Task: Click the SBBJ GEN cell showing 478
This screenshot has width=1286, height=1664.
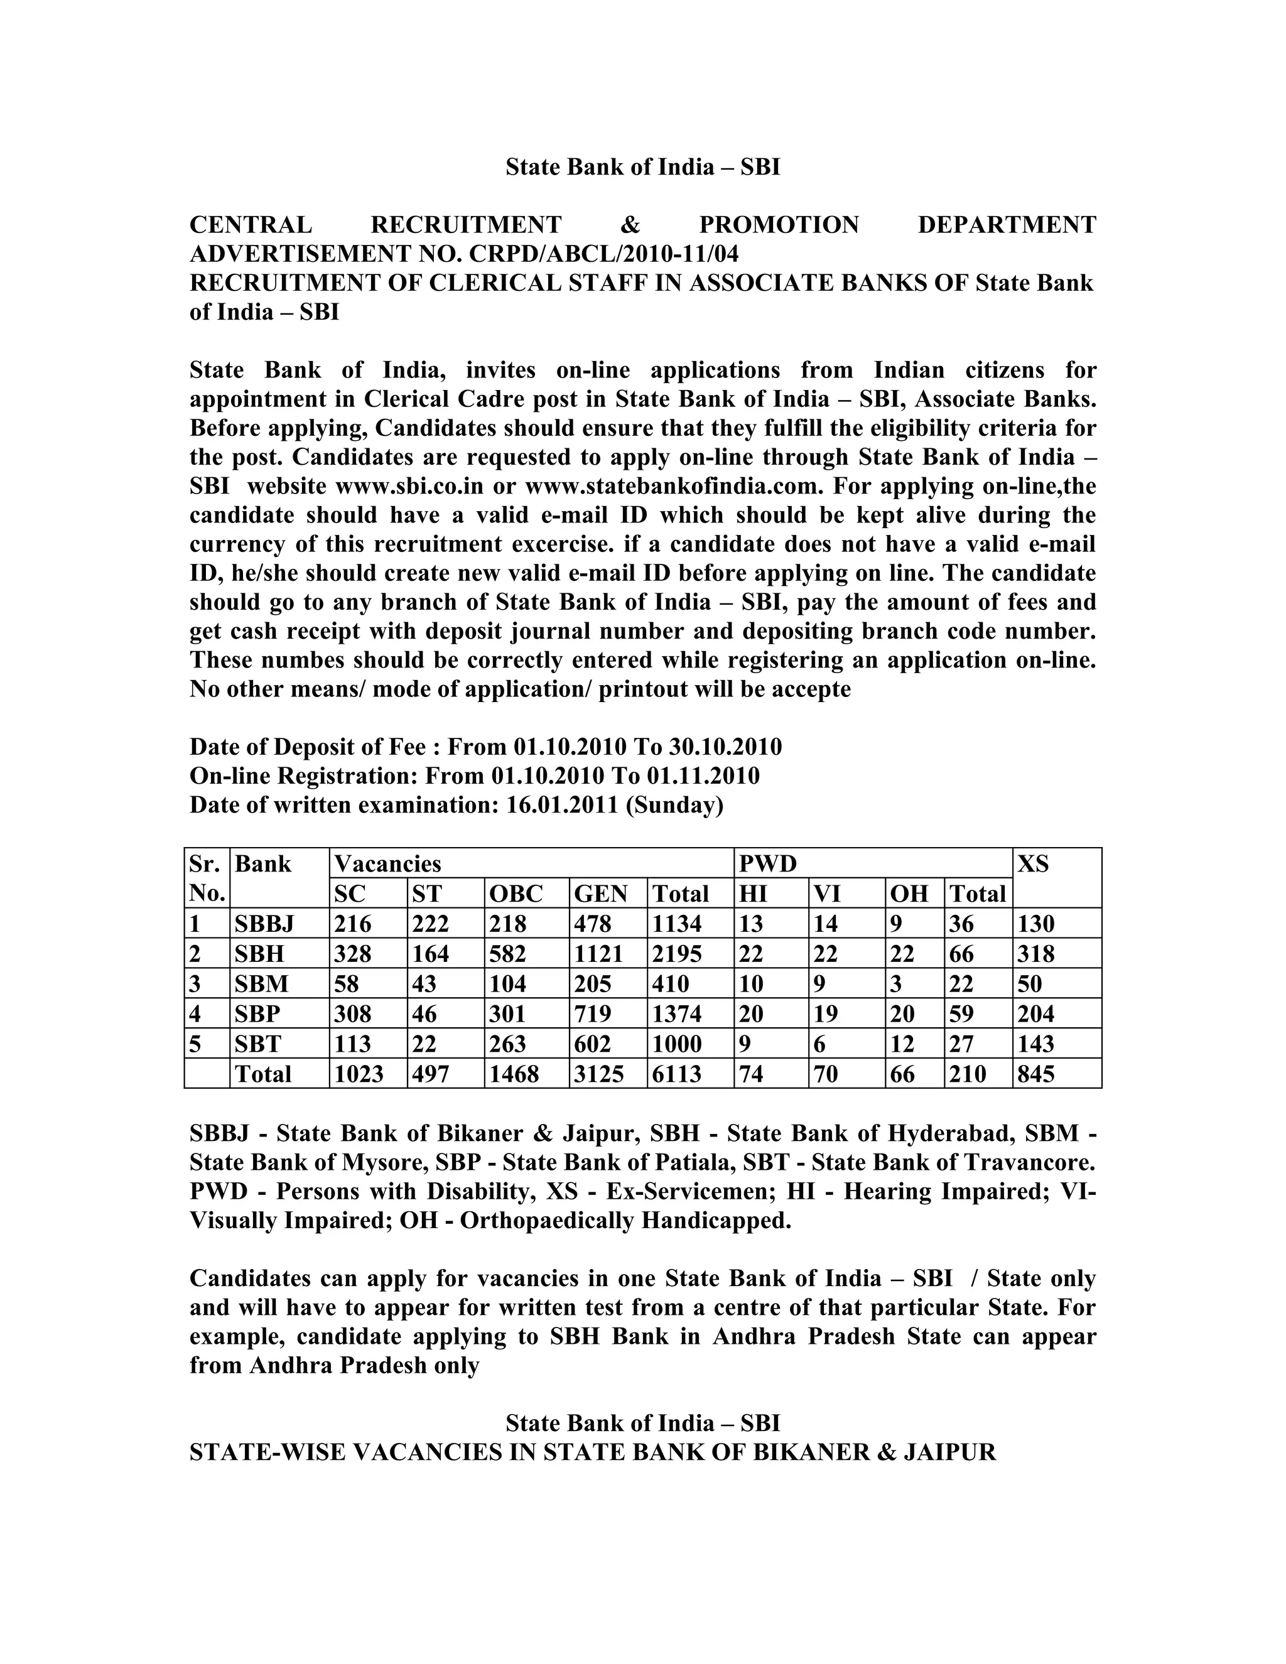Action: point(593,924)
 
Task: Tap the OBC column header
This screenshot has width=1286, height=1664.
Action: point(516,894)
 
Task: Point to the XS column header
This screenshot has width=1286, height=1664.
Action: point(1033,864)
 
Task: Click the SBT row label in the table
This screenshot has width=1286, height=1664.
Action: point(257,1044)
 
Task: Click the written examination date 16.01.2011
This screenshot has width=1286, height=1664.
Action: point(561,806)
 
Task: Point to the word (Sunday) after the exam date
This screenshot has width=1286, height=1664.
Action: point(674,806)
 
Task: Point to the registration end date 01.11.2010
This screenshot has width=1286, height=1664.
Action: point(703,776)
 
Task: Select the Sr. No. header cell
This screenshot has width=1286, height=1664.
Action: point(207,878)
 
